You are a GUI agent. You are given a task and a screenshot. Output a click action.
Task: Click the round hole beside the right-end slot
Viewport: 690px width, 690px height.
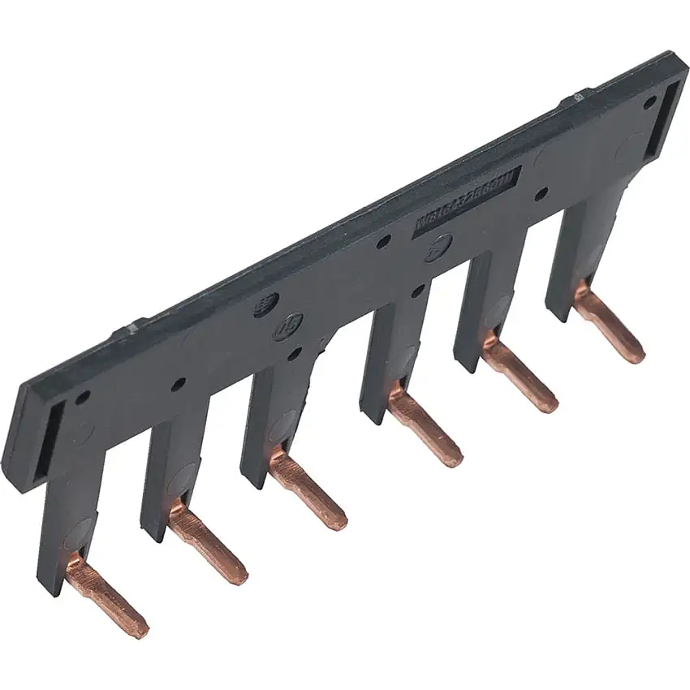click(x=649, y=102)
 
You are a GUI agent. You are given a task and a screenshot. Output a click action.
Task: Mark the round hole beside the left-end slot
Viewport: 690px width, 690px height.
click(x=82, y=398)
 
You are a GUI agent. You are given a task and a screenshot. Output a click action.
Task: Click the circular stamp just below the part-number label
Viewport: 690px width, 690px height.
click(x=439, y=247)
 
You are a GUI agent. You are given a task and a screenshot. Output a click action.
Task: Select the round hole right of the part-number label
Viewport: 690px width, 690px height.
click(x=541, y=194)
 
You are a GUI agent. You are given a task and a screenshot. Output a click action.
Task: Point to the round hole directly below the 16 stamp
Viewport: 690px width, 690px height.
click(x=293, y=354)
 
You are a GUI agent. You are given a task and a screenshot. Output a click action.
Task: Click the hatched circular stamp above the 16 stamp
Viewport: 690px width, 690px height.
click(x=266, y=306)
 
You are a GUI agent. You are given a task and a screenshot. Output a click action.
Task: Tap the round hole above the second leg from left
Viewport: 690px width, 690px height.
click(x=177, y=383)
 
